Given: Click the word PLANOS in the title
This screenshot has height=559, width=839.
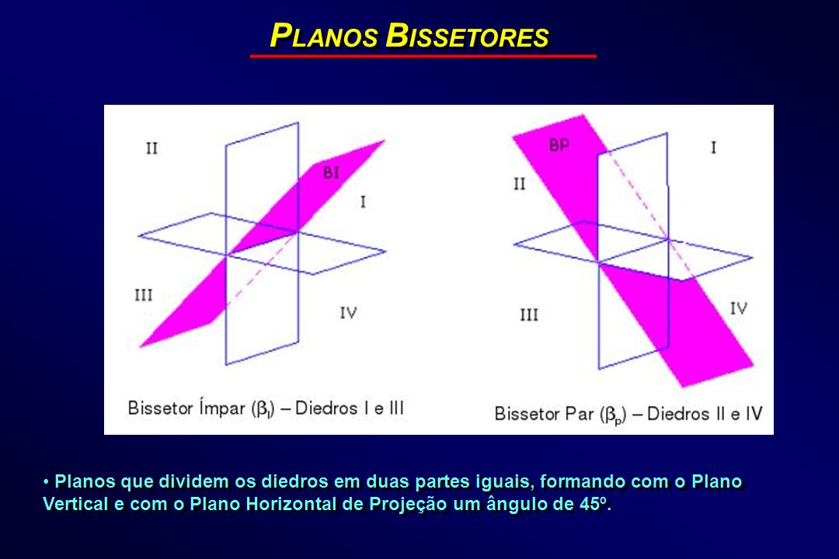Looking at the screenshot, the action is point(324,36).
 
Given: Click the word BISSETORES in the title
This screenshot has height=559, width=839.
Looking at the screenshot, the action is point(467,36).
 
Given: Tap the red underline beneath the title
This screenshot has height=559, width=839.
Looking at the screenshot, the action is point(423,56).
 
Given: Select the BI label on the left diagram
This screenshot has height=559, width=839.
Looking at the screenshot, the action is point(331,172).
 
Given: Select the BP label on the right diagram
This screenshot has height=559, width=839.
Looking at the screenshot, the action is point(559,144).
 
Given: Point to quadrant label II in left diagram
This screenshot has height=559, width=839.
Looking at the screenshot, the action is point(152,148).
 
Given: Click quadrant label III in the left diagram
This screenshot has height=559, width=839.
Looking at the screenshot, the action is point(144,295).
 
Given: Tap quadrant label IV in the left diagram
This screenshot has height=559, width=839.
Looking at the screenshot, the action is point(348,312).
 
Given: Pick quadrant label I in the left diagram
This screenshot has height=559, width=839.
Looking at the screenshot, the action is point(364,202).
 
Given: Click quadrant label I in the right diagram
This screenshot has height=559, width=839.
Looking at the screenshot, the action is point(713,147).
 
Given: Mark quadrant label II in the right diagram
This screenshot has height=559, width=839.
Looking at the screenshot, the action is point(520,184).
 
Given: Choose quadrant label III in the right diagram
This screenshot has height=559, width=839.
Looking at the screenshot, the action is point(529,314).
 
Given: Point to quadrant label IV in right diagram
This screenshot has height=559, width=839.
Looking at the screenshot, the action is point(739,308).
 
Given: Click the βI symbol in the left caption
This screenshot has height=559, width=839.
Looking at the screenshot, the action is point(263,410).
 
